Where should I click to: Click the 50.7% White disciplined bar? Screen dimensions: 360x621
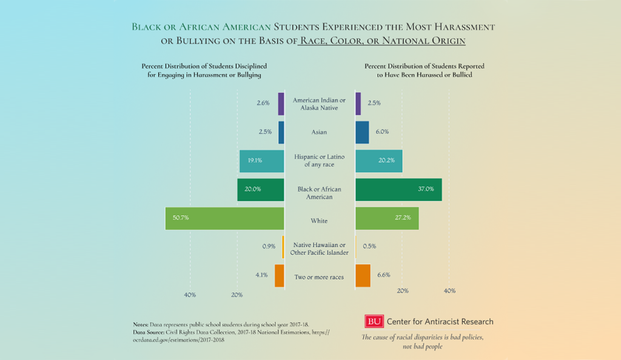pos(224,218)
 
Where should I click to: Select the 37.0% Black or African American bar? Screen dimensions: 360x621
pos(398,189)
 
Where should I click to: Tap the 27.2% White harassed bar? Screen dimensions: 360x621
pos(387,218)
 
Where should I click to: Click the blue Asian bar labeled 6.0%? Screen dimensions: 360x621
pos(362,132)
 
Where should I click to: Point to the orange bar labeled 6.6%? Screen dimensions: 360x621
pos(363,276)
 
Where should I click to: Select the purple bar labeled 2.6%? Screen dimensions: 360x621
pos(281,104)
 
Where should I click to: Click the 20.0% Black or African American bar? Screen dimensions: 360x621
pos(261,189)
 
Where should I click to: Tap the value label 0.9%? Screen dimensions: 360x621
pos(269,247)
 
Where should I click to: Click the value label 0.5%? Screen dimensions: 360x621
pos(369,247)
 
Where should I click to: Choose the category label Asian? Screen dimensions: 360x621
pos(320,132)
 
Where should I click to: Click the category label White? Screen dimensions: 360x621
pos(320,221)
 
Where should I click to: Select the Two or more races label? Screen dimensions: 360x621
pos(320,278)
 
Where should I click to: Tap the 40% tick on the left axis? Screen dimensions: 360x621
pos(190,295)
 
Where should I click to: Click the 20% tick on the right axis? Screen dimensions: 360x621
pos(402,291)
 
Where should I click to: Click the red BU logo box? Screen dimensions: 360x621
pos(373,322)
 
